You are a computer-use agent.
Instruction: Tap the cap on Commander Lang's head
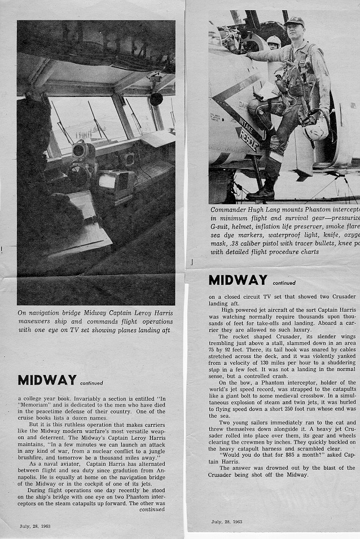[295, 21]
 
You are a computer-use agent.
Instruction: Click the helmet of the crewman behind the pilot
[274, 41]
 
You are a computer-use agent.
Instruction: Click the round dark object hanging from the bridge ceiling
[156, 99]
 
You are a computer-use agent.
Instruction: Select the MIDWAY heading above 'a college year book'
[47, 380]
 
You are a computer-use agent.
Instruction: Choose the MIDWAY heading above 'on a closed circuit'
[238, 280]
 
